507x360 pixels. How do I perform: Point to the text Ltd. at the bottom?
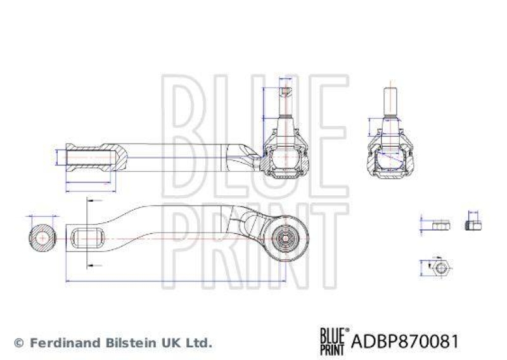tap(199, 343)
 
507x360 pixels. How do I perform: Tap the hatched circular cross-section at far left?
tap(42, 237)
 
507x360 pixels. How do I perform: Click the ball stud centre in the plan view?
tap(285, 239)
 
